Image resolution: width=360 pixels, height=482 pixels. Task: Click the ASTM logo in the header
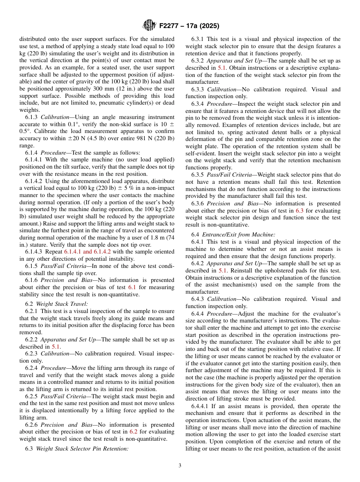point(149,25)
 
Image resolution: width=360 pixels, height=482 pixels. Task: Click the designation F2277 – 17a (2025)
point(189,26)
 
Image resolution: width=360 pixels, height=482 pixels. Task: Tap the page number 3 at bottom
point(180,466)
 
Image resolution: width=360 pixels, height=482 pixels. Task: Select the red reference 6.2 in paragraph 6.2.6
point(133,432)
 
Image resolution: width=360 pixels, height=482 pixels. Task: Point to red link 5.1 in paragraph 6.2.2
point(56,347)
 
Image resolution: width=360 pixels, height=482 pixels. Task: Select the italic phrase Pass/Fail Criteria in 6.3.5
point(227,175)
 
